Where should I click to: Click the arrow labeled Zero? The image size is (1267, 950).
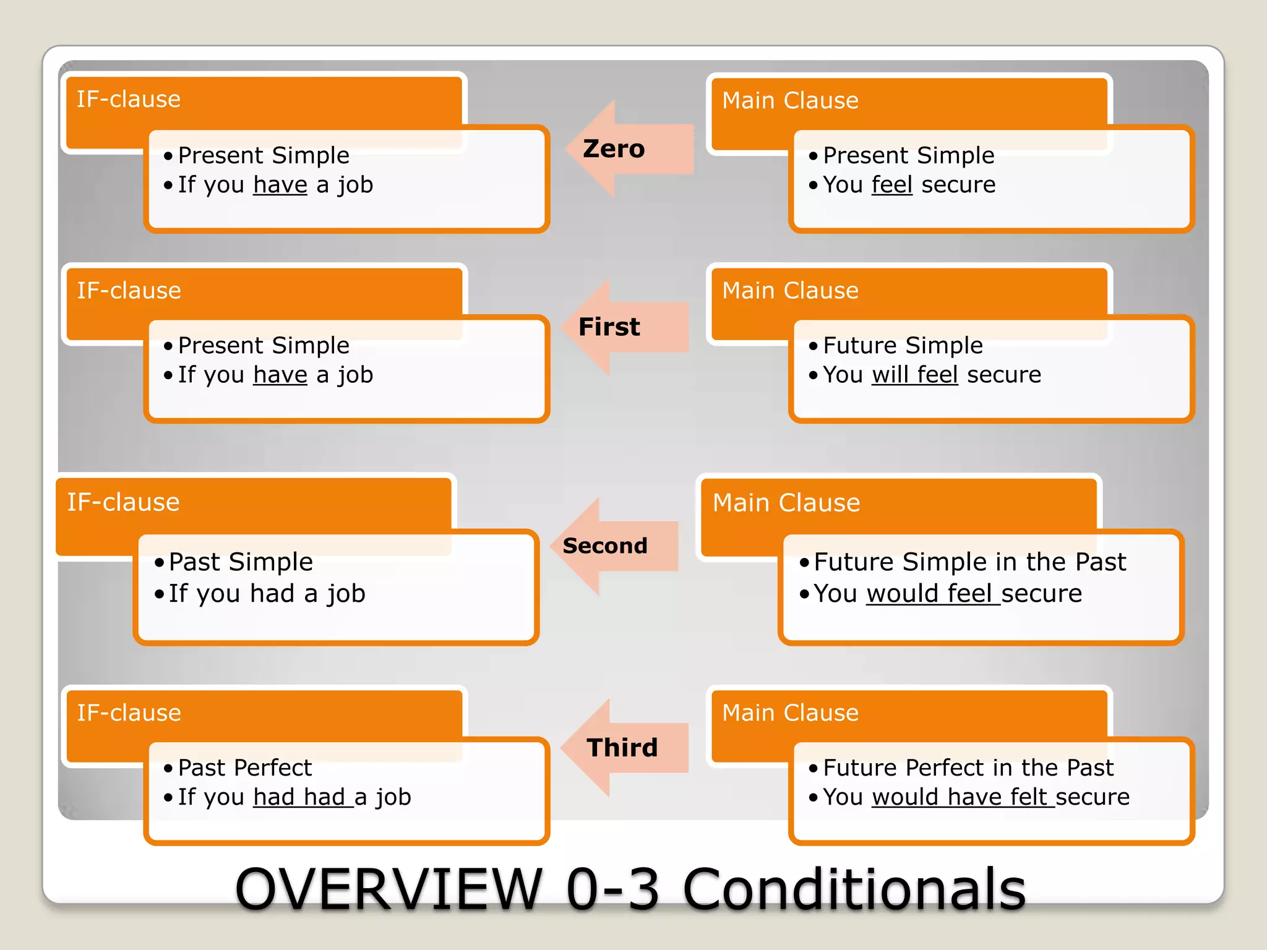tap(625, 149)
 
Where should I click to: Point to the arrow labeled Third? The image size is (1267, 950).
tap(622, 748)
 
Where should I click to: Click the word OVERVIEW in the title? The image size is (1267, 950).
tap(389, 889)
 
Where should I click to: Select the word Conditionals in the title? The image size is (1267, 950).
tap(854, 889)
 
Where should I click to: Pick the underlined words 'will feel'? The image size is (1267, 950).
tap(914, 375)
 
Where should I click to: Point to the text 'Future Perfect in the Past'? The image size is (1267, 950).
tap(968, 768)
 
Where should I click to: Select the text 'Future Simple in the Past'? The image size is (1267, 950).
tap(969, 562)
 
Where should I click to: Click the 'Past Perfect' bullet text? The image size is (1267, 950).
tap(245, 768)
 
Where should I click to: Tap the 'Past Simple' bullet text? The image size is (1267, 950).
tap(241, 562)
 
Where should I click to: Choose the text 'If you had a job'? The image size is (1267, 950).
tap(267, 594)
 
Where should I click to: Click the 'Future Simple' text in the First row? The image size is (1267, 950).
tap(903, 345)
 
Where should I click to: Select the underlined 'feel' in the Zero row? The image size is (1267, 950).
tap(891, 185)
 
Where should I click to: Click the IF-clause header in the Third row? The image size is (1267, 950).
tap(129, 713)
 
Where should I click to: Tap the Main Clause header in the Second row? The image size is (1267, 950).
tap(786, 503)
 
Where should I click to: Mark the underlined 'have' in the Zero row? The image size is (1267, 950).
tap(280, 185)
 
